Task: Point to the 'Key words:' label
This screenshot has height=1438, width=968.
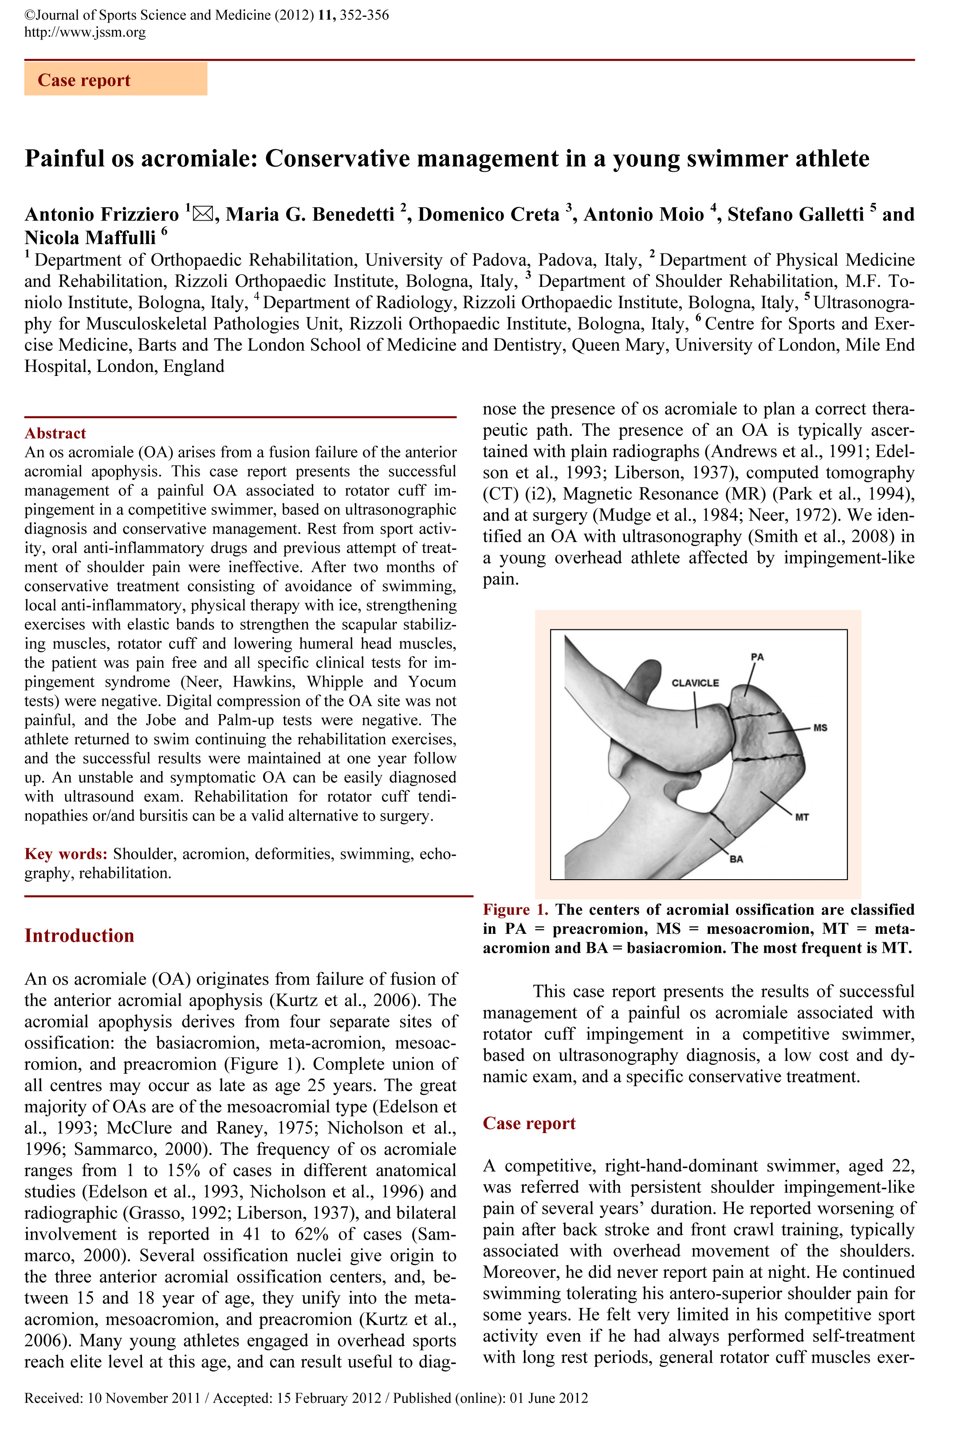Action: click(66, 854)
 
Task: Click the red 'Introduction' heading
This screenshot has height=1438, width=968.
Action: click(79, 936)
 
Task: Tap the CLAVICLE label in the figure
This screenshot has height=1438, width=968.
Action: click(695, 683)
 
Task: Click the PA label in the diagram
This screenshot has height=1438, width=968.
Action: click(757, 657)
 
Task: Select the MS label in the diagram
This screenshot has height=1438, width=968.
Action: click(820, 728)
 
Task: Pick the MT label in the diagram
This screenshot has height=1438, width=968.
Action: click(802, 818)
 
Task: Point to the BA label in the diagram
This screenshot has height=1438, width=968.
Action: click(736, 859)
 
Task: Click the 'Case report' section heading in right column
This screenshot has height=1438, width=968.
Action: click(529, 1123)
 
